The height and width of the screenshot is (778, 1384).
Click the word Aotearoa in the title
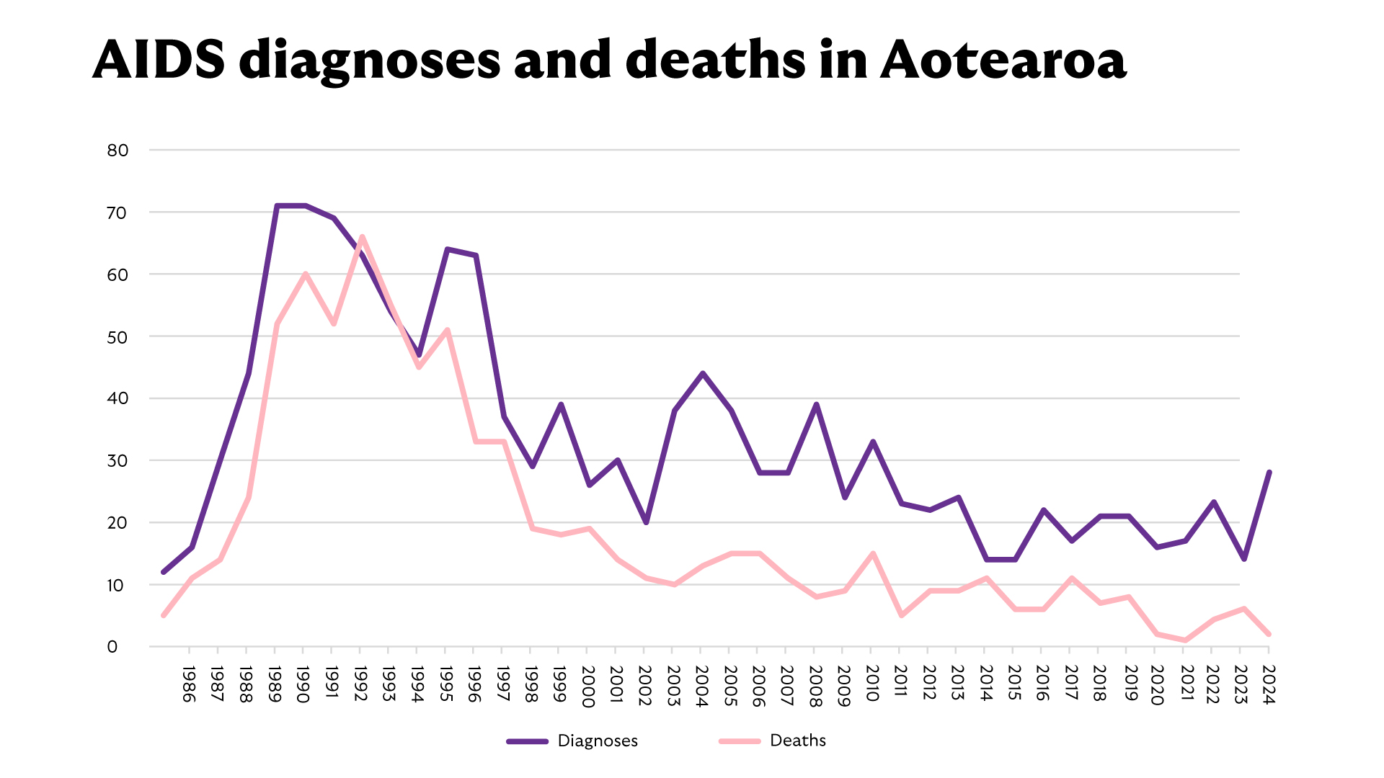point(1003,61)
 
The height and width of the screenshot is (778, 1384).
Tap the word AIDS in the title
point(159,61)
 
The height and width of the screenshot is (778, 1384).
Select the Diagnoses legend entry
point(572,741)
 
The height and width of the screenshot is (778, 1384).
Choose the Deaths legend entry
point(773,741)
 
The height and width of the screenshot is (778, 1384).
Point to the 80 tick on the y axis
point(117,151)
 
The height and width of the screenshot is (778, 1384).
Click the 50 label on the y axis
point(117,337)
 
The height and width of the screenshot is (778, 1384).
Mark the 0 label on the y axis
point(112,647)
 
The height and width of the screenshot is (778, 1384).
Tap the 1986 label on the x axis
point(188,684)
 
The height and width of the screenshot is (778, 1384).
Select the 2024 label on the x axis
point(1269,684)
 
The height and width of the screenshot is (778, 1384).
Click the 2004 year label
point(702,686)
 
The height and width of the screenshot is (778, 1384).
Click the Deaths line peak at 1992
point(362,236)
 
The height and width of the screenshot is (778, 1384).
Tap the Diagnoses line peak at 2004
point(703,373)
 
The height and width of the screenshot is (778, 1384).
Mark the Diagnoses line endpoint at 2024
point(1269,473)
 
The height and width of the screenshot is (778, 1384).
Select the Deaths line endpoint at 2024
point(1269,634)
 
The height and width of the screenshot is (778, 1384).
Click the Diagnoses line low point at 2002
point(646,522)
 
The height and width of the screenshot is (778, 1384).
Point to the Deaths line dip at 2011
point(902,615)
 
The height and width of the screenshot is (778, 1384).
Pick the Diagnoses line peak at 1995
point(447,249)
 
